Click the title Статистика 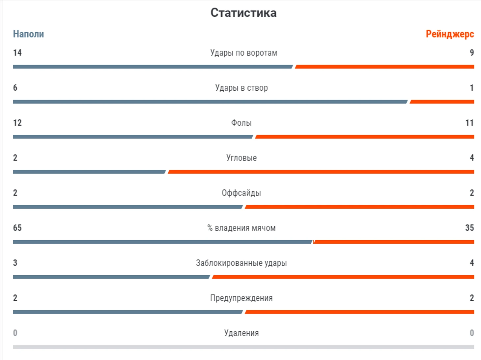click(243, 13)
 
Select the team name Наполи click(28, 34)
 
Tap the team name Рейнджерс click(450, 34)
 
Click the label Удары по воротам click(244, 53)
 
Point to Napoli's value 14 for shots click(17, 53)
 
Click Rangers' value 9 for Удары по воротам click(472, 53)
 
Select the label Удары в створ click(241, 88)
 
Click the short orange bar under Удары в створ click(442, 102)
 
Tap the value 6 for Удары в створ click(15, 88)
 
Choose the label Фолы click(241, 123)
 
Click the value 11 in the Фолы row click(469, 123)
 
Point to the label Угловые click(241, 158)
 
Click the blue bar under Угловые click(89, 172)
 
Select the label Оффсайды click(241, 193)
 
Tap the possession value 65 click(17, 228)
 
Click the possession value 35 click(469, 228)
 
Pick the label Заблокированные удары click(241, 263)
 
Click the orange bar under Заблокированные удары click(343, 277)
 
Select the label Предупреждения click(241, 298)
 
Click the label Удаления click(241, 333)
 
